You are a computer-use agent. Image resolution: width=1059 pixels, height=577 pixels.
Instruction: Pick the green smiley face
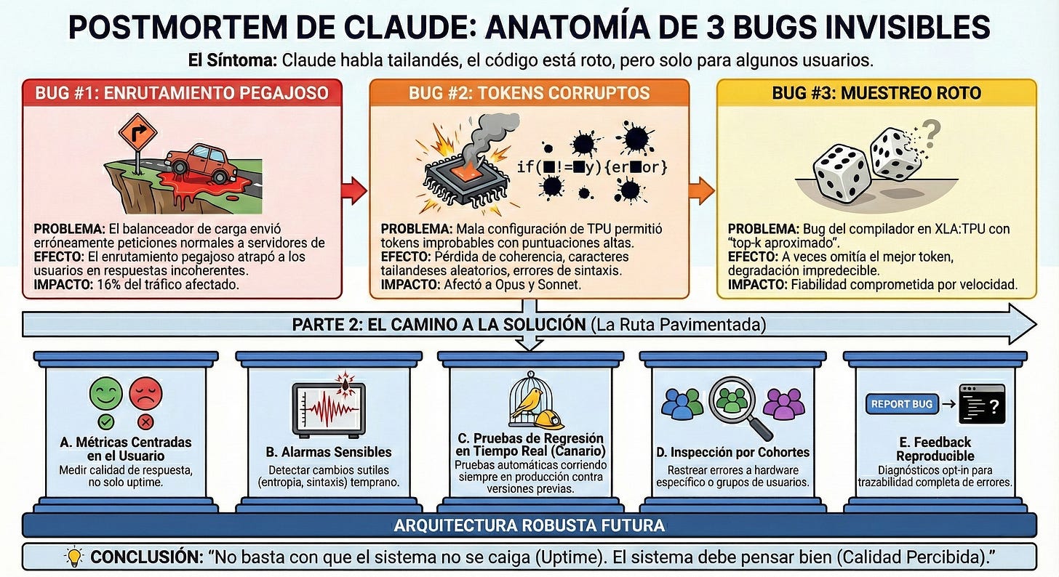(x=105, y=395)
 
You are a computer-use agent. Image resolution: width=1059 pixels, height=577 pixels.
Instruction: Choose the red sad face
(x=145, y=395)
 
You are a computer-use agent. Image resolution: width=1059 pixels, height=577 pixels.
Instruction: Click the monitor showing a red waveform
(x=328, y=407)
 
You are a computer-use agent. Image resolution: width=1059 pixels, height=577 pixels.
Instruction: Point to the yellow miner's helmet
(x=550, y=419)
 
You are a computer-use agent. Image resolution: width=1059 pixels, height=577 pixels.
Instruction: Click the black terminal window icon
(x=981, y=404)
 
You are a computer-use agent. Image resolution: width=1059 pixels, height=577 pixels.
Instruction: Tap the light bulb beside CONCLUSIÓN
(x=74, y=557)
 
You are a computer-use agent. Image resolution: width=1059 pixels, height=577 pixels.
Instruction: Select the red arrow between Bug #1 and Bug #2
(x=353, y=191)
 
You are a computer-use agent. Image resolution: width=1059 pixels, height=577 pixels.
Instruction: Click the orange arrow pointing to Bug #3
(x=702, y=191)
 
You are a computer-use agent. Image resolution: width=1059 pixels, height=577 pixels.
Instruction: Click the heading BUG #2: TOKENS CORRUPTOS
(x=529, y=93)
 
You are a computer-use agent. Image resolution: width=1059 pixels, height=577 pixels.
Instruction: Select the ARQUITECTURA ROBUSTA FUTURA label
(x=529, y=525)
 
